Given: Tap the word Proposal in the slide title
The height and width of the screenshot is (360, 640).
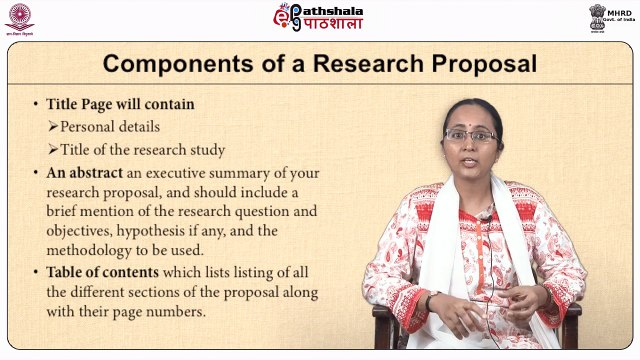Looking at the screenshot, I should (483, 65).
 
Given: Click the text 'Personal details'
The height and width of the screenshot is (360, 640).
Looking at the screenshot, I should (109, 127).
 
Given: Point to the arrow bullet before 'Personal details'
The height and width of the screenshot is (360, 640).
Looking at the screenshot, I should (53, 127).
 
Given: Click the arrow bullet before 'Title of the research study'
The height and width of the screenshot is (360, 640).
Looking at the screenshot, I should (53, 150).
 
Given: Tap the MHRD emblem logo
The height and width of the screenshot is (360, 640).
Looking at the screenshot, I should (604, 16).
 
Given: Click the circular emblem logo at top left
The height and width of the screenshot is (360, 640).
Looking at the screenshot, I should (18, 15).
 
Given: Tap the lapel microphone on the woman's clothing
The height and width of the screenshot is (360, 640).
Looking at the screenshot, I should (485, 213).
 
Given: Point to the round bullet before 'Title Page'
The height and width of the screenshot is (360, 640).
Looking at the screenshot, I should (36, 104).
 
